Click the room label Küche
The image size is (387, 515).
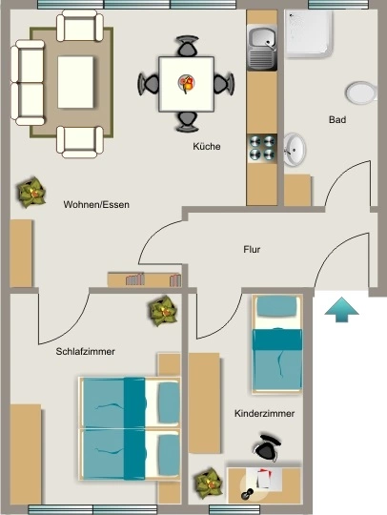point(207,146)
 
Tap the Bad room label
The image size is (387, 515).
point(337,119)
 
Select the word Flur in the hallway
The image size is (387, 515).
point(252,249)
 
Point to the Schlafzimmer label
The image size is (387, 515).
point(86,351)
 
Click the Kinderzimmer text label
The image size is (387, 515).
point(264,413)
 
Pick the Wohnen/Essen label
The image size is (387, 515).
point(96,205)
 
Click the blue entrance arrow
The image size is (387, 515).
point(341,309)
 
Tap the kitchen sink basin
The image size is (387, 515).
point(262,39)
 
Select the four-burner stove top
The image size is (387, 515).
point(262,148)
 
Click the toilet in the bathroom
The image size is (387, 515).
point(361,93)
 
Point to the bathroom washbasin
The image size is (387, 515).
point(295,150)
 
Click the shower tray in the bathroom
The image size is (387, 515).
point(309,33)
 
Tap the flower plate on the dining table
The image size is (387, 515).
point(187,82)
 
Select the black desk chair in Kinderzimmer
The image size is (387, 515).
point(267,447)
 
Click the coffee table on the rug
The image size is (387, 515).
point(75,82)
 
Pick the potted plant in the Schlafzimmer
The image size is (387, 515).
point(163,310)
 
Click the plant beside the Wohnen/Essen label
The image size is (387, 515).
point(31,192)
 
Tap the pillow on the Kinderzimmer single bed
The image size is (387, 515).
point(276,306)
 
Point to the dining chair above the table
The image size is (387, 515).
point(187,46)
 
